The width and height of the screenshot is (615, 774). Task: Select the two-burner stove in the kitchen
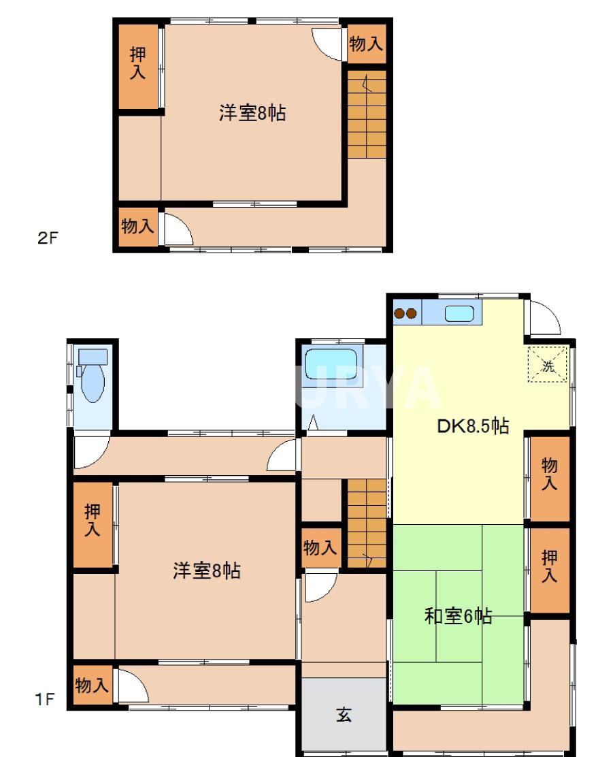point(405,314)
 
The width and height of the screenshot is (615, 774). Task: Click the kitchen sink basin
point(459,314)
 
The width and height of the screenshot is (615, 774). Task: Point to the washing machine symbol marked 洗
point(548,364)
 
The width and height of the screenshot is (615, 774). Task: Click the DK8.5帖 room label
point(472,427)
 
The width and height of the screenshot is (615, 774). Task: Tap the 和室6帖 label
point(458,616)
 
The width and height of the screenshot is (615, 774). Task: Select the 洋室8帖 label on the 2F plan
point(252,113)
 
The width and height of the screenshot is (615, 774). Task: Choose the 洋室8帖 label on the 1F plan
point(206,570)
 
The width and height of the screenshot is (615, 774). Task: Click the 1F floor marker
point(46,698)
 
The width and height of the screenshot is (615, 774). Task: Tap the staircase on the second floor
point(367,114)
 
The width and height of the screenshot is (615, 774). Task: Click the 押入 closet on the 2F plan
point(138,63)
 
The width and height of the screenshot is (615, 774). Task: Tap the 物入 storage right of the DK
point(549,474)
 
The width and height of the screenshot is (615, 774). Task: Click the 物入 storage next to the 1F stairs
point(320,547)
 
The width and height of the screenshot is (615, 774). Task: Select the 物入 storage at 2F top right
point(366,44)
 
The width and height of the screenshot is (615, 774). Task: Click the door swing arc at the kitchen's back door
point(545,319)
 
